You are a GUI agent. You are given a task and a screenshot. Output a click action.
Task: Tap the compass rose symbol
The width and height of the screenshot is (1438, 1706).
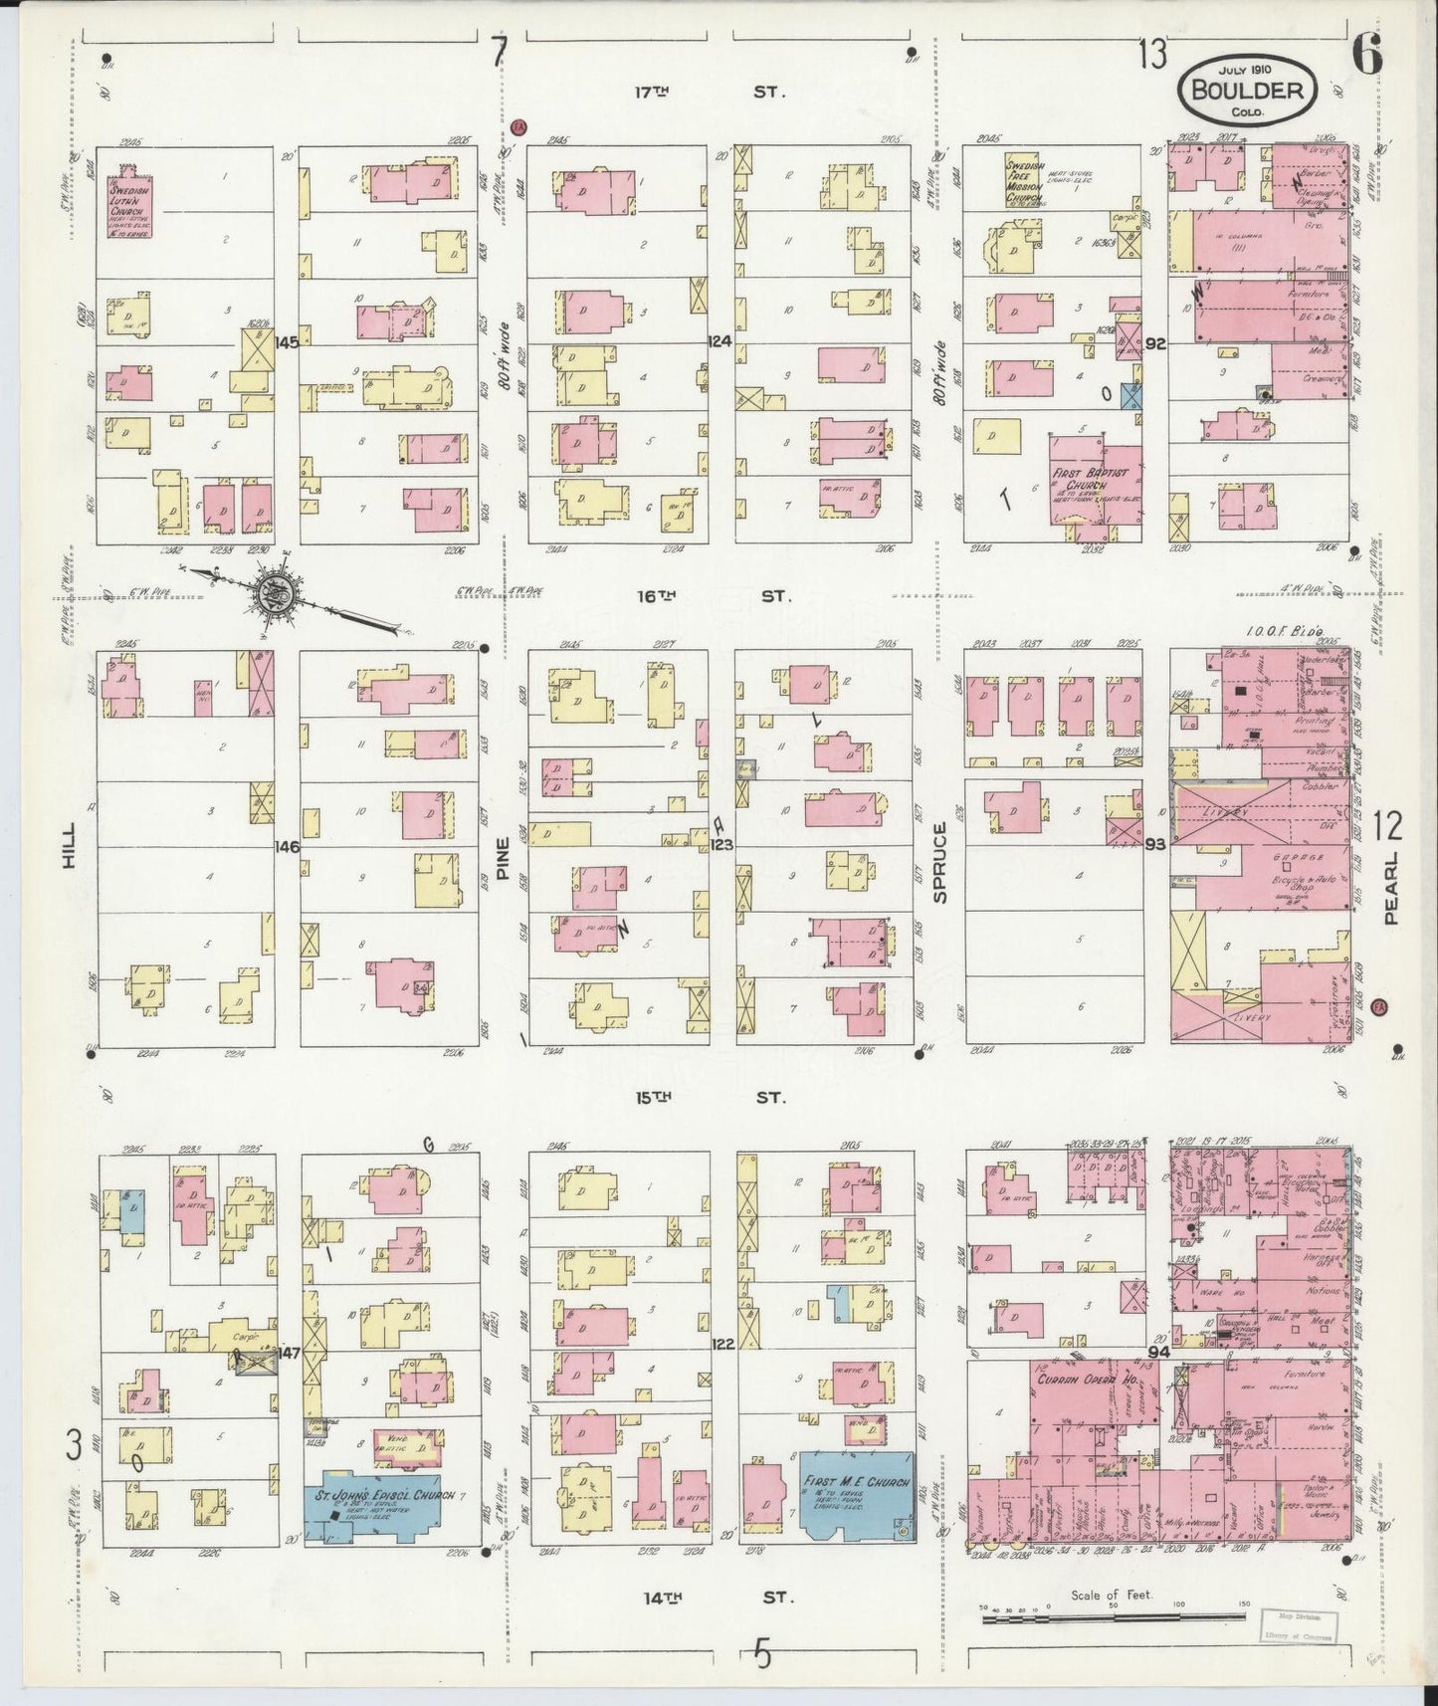(x=272, y=594)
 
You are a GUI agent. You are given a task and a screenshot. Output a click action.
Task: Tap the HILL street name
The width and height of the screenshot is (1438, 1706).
(x=69, y=852)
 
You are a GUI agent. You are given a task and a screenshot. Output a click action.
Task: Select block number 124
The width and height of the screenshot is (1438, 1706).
(x=720, y=341)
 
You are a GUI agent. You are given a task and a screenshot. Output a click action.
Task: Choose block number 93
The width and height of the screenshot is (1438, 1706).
(x=1154, y=844)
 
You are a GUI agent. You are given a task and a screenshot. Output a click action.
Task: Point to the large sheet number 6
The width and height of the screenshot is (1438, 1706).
(x=1366, y=55)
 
